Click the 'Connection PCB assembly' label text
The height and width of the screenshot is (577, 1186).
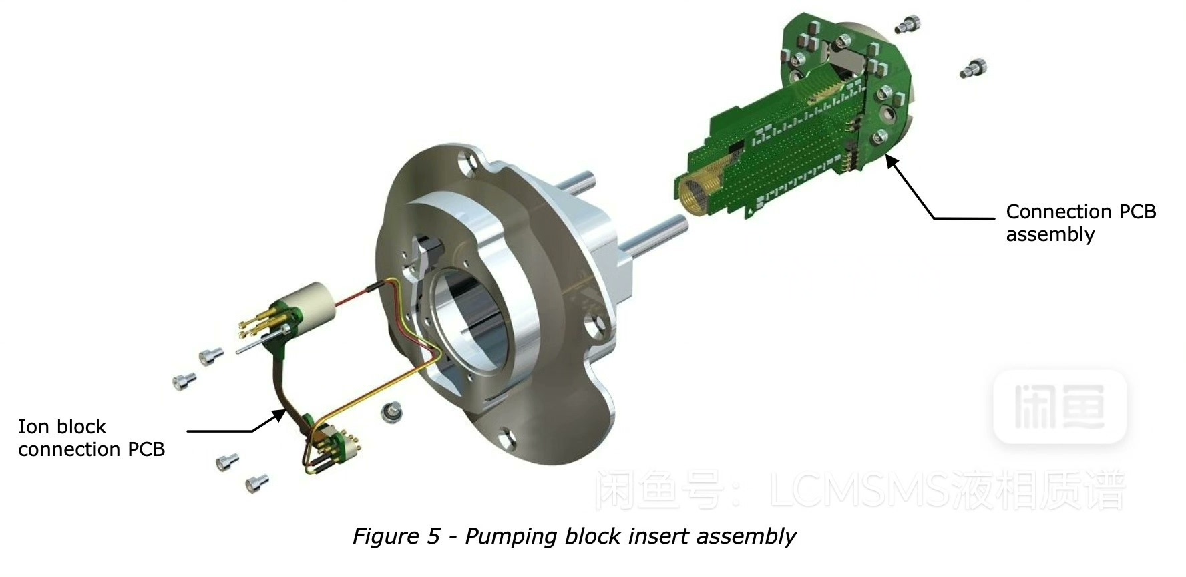coord(1080,223)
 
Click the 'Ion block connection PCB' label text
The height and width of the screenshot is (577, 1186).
coord(91,438)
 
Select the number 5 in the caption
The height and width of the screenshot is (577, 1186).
coord(434,536)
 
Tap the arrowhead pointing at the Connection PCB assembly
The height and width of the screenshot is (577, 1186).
coord(892,162)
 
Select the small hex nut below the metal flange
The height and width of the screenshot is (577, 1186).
coord(392,413)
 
